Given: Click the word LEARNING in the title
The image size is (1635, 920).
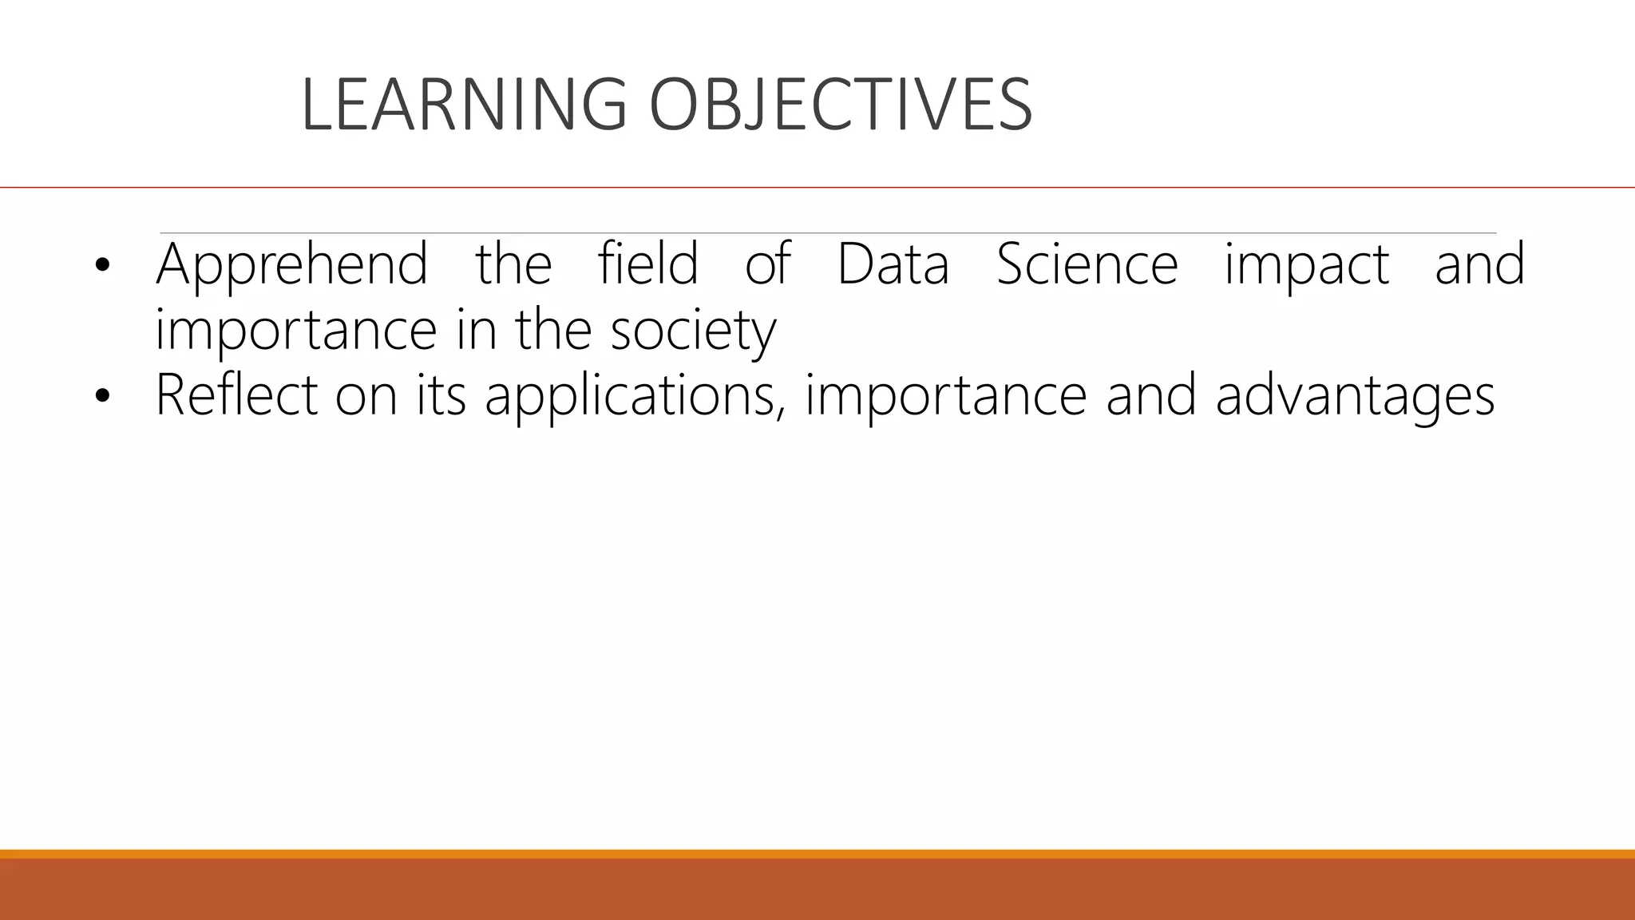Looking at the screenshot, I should [463, 105].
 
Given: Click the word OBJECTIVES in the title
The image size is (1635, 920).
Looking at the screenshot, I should [840, 105].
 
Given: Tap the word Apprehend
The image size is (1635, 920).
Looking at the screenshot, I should [291, 264].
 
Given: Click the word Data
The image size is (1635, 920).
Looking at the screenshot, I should [893, 264].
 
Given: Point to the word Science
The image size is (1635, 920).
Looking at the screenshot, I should [1087, 264].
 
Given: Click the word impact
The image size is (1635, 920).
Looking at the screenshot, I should [1307, 266].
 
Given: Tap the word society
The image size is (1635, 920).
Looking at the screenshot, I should [693, 331].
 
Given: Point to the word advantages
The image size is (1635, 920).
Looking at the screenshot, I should [1355, 397].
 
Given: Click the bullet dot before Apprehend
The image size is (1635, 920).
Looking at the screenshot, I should [101, 266].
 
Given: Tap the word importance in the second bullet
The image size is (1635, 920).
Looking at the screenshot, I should [945, 396].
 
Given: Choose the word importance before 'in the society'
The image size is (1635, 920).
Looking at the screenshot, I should [295, 331].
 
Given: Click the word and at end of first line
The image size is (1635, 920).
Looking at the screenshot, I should [1479, 264].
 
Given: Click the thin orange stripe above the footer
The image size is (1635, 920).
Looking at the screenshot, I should [817, 854].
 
